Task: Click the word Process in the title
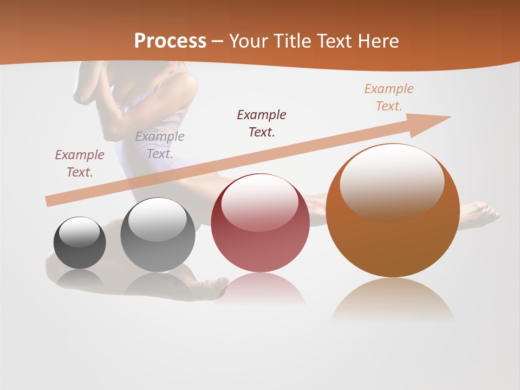170,41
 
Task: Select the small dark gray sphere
80,243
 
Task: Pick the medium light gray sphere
158,235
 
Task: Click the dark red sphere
260,223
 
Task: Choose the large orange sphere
393,211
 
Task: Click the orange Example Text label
388,97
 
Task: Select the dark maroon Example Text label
262,123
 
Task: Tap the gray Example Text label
160,145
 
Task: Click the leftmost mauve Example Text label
80,163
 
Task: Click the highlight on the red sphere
259,202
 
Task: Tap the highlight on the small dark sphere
80,232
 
